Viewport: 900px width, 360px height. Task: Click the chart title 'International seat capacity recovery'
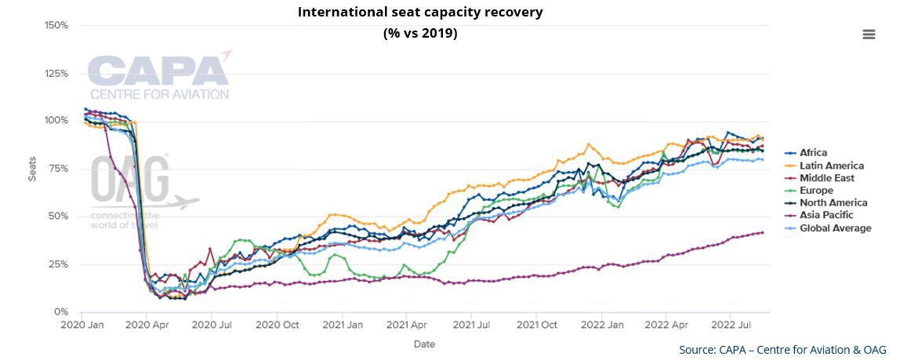click(x=419, y=13)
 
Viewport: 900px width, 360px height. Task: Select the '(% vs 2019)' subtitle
click(x=419, y=34)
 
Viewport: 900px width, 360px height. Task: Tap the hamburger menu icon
click(x=869, y=35)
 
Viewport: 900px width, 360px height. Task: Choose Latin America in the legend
click(x=831, y=165)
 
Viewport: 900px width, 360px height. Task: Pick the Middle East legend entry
click(x=828, y=178)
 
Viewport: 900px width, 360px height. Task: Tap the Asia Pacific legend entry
click(x=826, y=215)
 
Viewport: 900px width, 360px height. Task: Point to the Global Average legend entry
click(x=835, y=228)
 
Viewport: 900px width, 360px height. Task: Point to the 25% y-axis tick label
click(x=58, y=264)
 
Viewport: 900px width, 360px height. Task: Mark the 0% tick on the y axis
click(x=61, y=312)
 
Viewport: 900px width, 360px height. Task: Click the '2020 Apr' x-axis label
click(x=147, y=323)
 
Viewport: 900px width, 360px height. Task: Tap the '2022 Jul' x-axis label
click(x=732, y=323)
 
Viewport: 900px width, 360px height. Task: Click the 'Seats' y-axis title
click(x=32, y=169)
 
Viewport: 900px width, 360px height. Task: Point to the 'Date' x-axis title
click(x=423, y=344)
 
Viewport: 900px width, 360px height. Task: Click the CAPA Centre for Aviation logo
click(x=159, y=76)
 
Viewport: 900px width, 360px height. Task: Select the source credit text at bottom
click(x=782, y=350)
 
